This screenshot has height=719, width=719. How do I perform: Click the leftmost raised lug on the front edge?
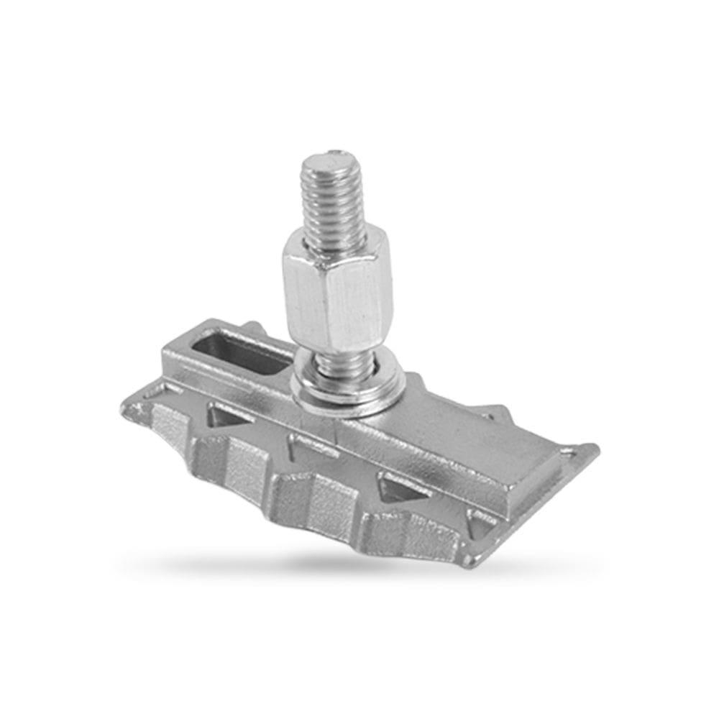(x=167, y=431)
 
